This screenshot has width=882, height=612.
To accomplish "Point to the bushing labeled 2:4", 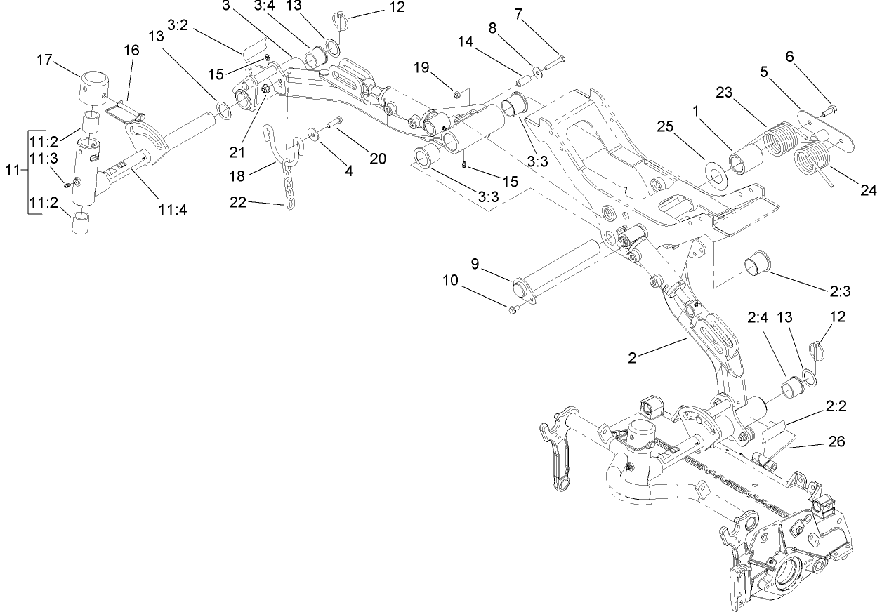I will click(791, 385).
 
